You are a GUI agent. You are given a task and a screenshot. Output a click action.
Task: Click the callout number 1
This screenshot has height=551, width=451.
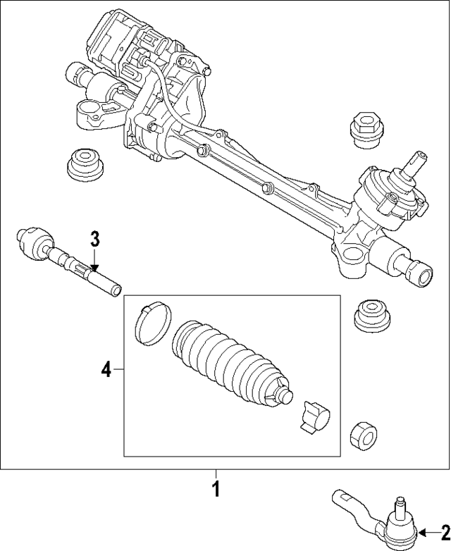[216, 488]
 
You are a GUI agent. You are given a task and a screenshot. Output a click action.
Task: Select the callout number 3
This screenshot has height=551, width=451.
[96, 239]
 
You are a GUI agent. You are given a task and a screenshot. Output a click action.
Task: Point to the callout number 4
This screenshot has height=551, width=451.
[106, 369]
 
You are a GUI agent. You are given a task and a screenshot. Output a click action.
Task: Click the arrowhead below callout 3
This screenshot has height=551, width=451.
[96, 266]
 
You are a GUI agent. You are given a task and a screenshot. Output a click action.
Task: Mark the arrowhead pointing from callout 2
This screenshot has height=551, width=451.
[421, 532]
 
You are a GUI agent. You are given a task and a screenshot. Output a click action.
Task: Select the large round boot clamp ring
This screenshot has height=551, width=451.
[151, 323]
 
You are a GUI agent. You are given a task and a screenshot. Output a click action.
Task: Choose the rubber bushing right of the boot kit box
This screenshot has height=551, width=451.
[371, 315]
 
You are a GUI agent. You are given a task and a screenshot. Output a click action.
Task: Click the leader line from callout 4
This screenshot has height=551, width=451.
[118, 369]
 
